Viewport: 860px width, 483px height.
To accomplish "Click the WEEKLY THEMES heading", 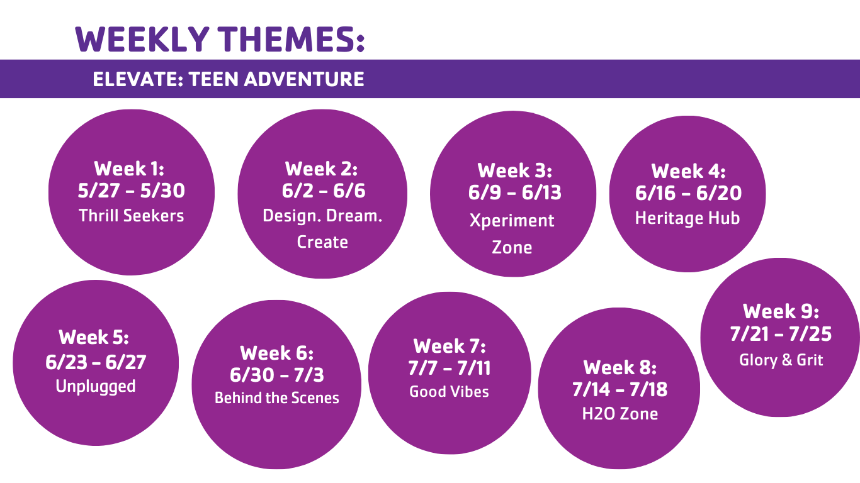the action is (x=220, y=39).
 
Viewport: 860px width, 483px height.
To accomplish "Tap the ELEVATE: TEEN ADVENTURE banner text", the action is (x=229, y=79).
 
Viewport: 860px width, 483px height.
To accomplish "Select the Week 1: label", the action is (x=130, y=169).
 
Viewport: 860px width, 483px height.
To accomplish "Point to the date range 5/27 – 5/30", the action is (x=132, y=191).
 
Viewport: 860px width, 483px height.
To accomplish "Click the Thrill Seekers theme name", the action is (x=132, y=216).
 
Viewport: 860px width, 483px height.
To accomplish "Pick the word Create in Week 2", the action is (x=322, y=242).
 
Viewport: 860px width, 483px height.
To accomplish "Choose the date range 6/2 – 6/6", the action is (x=324, y=191).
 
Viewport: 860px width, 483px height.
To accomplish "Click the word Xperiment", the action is (x=512, y=221).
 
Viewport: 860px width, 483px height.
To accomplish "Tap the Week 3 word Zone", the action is (x=512, y=247).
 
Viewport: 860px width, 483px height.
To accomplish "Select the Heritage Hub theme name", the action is (x=687, y=218).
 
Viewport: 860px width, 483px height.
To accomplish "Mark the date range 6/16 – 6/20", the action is (x=688, y=193).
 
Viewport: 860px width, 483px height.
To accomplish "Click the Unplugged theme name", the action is (x=96, y=386).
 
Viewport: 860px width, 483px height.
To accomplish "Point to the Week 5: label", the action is (x=94, y=337).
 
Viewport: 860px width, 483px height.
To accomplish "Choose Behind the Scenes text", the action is (x=277, y=398).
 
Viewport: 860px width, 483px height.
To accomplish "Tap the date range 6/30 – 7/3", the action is (x=277, y=375).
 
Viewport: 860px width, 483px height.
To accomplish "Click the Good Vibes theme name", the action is (x=449, y=392).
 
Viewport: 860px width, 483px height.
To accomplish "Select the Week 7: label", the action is (x=450, y=346).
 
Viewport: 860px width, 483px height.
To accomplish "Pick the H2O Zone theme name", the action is (x=620, y=414).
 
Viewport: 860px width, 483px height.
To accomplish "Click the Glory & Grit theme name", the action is (x=781, y=360).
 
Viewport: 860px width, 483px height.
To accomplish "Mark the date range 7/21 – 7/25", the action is (x=781, y=334).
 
